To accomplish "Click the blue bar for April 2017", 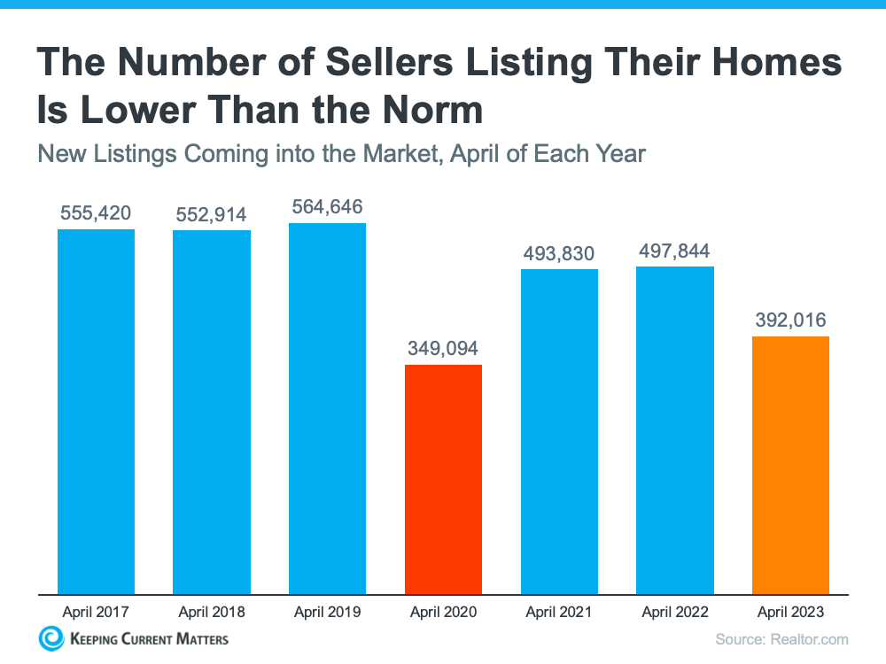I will (96, 412).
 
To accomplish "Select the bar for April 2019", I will (327, 408).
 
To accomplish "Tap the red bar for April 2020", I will (443, 479).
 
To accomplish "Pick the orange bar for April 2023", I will (790, 465).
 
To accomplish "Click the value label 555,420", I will (96, 213).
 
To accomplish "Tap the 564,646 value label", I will (327, 207).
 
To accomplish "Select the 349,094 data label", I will (443, 348).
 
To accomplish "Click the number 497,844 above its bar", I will (674, 251).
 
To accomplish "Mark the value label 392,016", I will (790, 320).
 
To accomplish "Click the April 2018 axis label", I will (211, 612).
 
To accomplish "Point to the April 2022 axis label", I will (674, 612).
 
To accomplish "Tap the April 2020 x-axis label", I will (443, 612).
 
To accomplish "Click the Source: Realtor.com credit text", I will (781, 639).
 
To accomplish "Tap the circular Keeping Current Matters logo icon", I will (51, 638).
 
